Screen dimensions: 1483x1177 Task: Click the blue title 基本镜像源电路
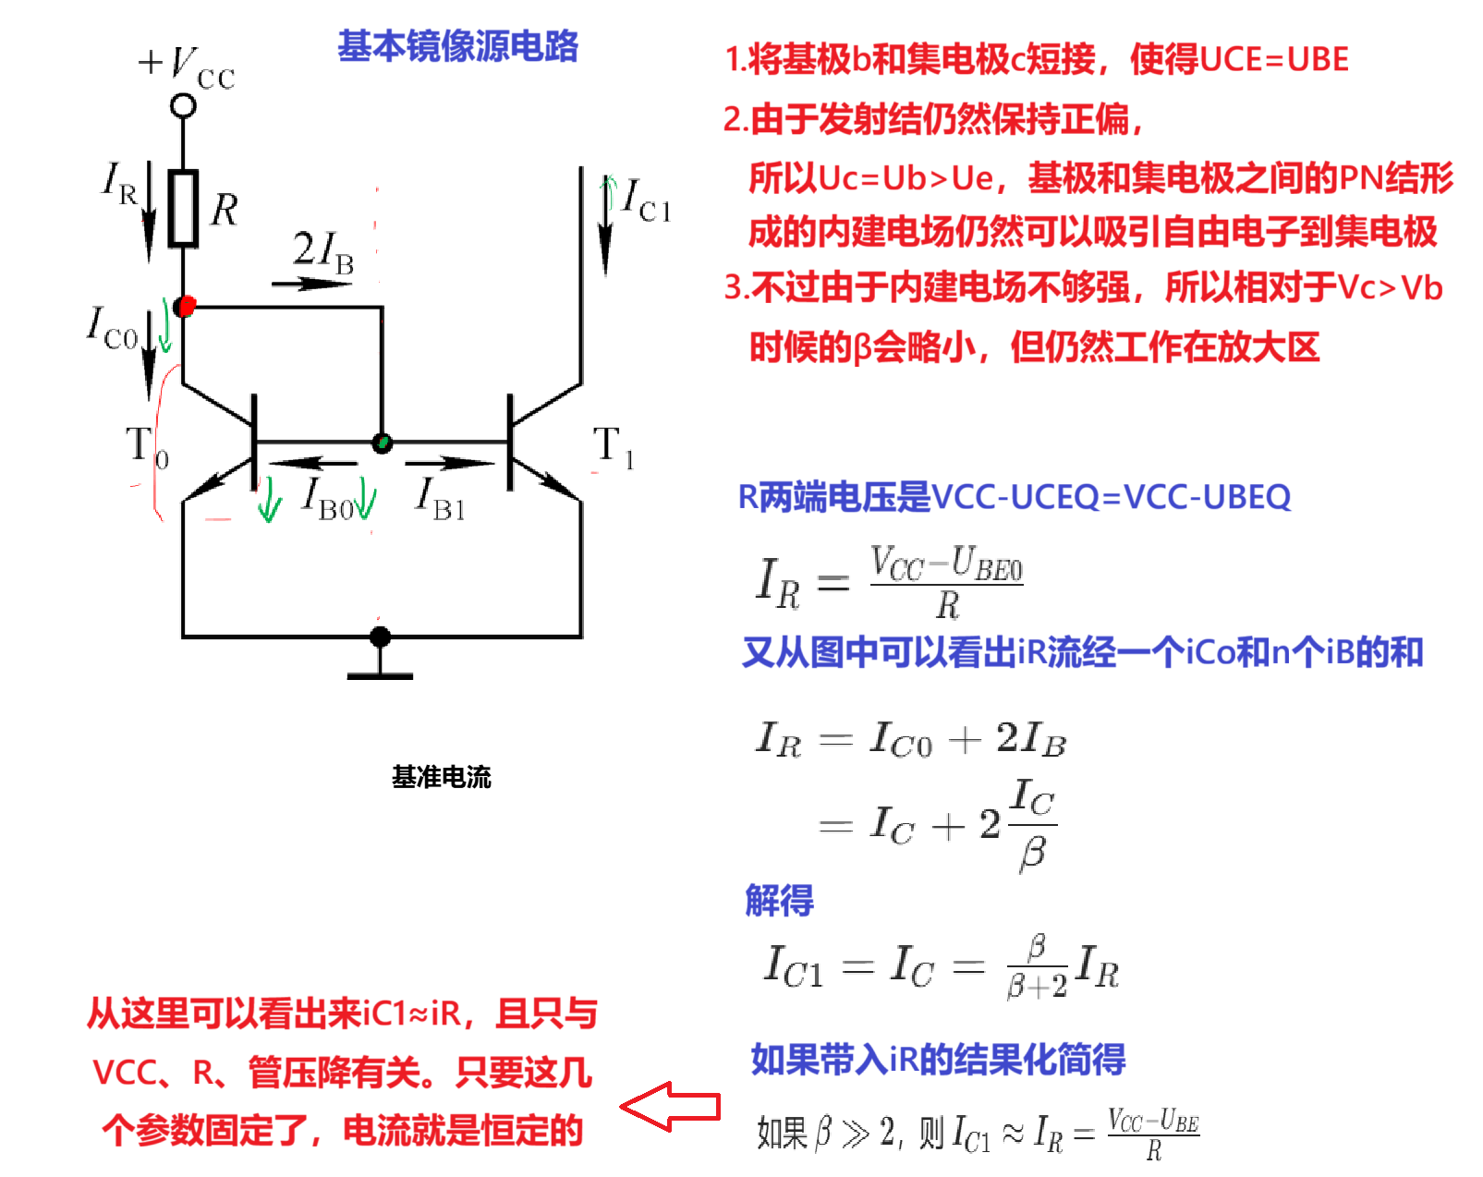[x=457, y=46]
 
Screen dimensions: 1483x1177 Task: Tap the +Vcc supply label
[x=187, y=67]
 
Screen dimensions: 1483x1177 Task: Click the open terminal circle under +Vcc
[x=183, y=106]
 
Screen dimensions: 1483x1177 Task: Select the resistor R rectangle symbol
[x=183, y=208]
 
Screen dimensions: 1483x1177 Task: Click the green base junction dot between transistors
[x=382, y=443]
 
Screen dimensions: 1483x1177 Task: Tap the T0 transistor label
[x=147, y=446]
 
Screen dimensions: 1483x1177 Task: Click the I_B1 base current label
[x=440, y=499]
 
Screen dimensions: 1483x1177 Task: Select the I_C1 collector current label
[x=645, y=200]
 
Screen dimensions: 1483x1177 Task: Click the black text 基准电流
[x=442, y=777]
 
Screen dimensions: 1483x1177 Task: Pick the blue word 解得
[x=779, y=900]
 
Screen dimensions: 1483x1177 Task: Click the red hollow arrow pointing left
[x=670, y=1106]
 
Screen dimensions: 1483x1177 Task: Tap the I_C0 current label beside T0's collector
[x=113, y=329]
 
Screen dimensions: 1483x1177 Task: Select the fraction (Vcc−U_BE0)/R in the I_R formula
[x=946, y=583]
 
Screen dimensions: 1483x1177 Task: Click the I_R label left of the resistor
[x=120, y=182]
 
